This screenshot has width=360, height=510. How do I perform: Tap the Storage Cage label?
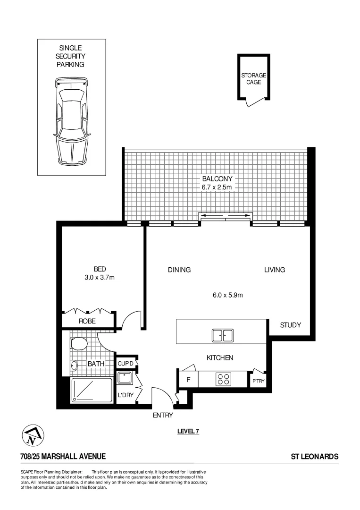tap(254, 78)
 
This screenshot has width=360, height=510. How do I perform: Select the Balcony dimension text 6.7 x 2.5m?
tap(218, 187)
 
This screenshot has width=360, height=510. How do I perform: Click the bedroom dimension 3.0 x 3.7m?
tap(97, 278)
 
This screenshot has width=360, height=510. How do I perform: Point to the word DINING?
tap(179, 270)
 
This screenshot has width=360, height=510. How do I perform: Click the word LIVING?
tap(275, 270)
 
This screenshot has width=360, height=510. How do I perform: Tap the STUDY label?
tap(290, 325)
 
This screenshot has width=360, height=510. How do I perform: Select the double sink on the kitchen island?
tap(222, 335)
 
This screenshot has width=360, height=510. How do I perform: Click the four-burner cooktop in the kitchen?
tap(224, 379)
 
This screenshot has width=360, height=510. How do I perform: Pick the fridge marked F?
tap(188, 379)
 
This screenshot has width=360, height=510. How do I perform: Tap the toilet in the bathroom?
tap(80, 342)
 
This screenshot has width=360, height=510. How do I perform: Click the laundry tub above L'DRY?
tap(125, 378)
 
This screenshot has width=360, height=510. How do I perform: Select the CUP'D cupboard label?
tap(126, 363)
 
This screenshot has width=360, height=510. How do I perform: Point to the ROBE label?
tap(87, 321)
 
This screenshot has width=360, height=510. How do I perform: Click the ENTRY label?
tap(163, 416)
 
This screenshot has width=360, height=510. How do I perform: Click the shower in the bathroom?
tap(92, 391)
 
